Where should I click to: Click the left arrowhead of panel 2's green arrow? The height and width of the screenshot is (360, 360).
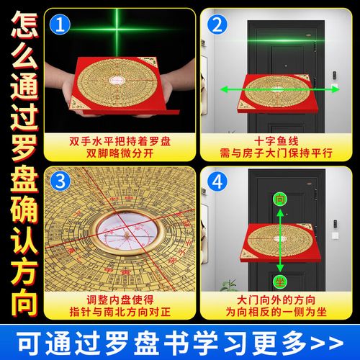222,90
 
